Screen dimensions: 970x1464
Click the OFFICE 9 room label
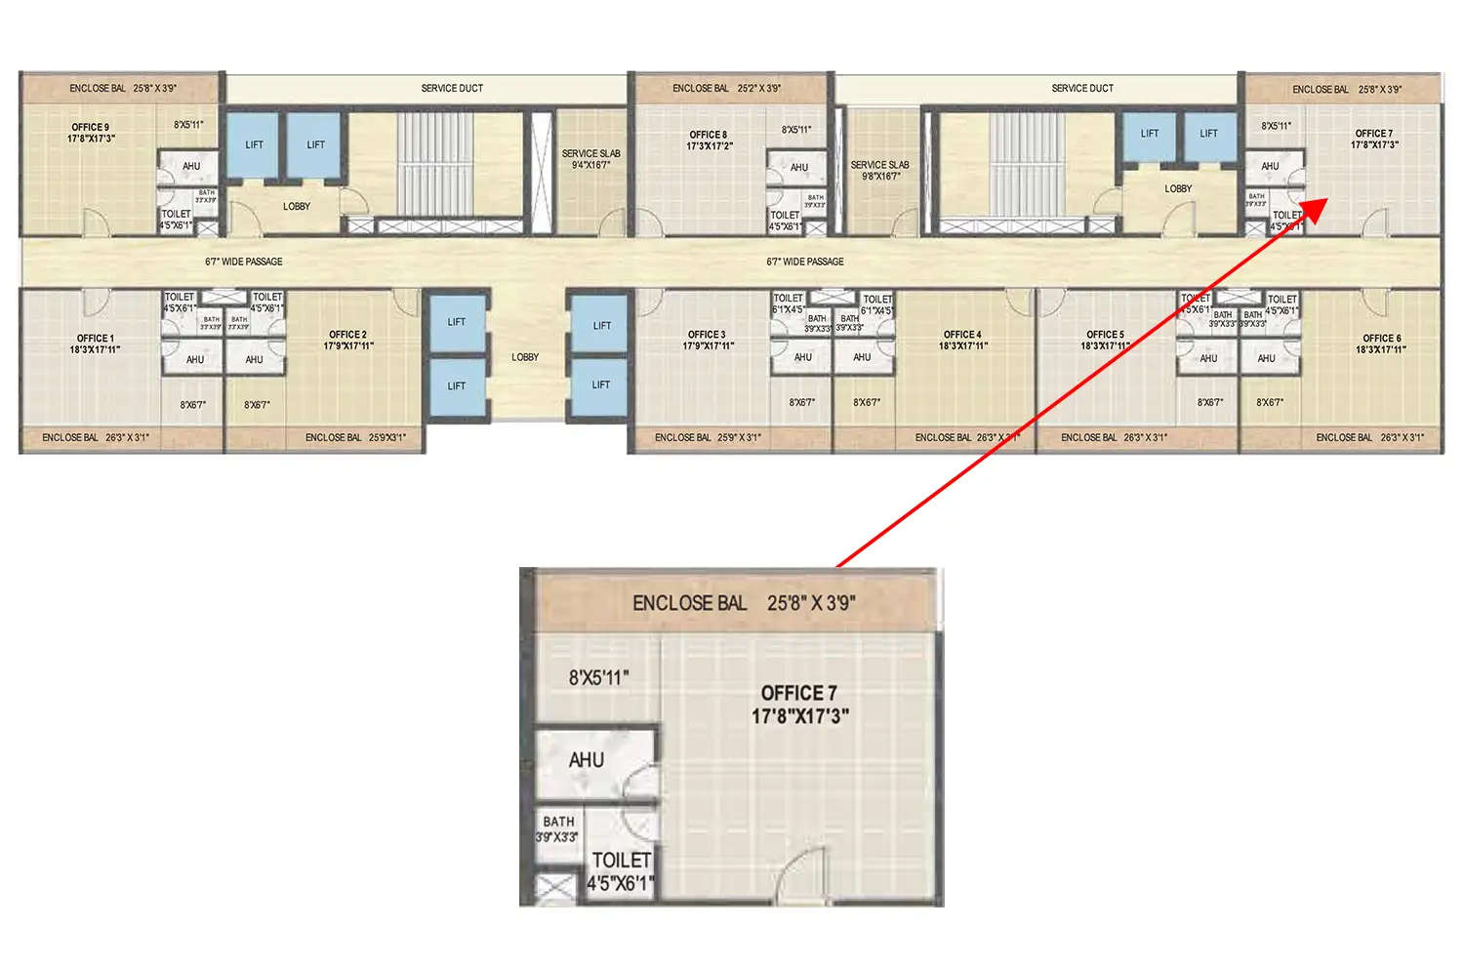[x=91, y=128]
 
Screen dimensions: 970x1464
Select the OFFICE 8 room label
[x=709, y=136]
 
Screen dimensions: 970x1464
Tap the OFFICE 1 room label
[x=95, y=339]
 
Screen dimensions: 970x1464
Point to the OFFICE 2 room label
[x=348, y=335]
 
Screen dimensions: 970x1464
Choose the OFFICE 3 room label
[x=707, y=335]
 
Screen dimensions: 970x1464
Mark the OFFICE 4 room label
[x=962, y=335]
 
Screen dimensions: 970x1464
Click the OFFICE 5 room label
[x=1105, y=335]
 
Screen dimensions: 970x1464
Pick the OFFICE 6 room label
[x=1381, y=339]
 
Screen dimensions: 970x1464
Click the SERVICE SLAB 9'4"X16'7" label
[x=590, y=159]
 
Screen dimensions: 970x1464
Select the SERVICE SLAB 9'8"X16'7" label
[x=879, y=171]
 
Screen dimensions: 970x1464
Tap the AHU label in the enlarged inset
[x=587, y=760]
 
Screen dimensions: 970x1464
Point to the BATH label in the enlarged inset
[x=558, y=822]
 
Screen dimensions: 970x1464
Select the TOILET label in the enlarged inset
[x=621, y=861]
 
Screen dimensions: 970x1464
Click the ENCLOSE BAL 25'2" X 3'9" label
[x=726, y=89]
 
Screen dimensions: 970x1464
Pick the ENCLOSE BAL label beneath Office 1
[x=96, y=438]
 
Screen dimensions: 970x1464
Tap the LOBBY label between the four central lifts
[x=525, y=357]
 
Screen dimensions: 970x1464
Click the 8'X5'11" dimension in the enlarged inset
[x=598, y=677]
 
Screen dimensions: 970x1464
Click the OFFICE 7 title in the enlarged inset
[x=798, y=693]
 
